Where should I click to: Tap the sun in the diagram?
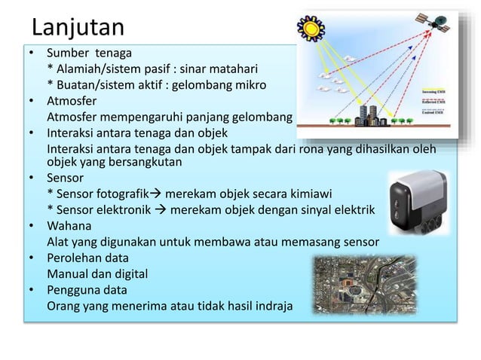point(308,29)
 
